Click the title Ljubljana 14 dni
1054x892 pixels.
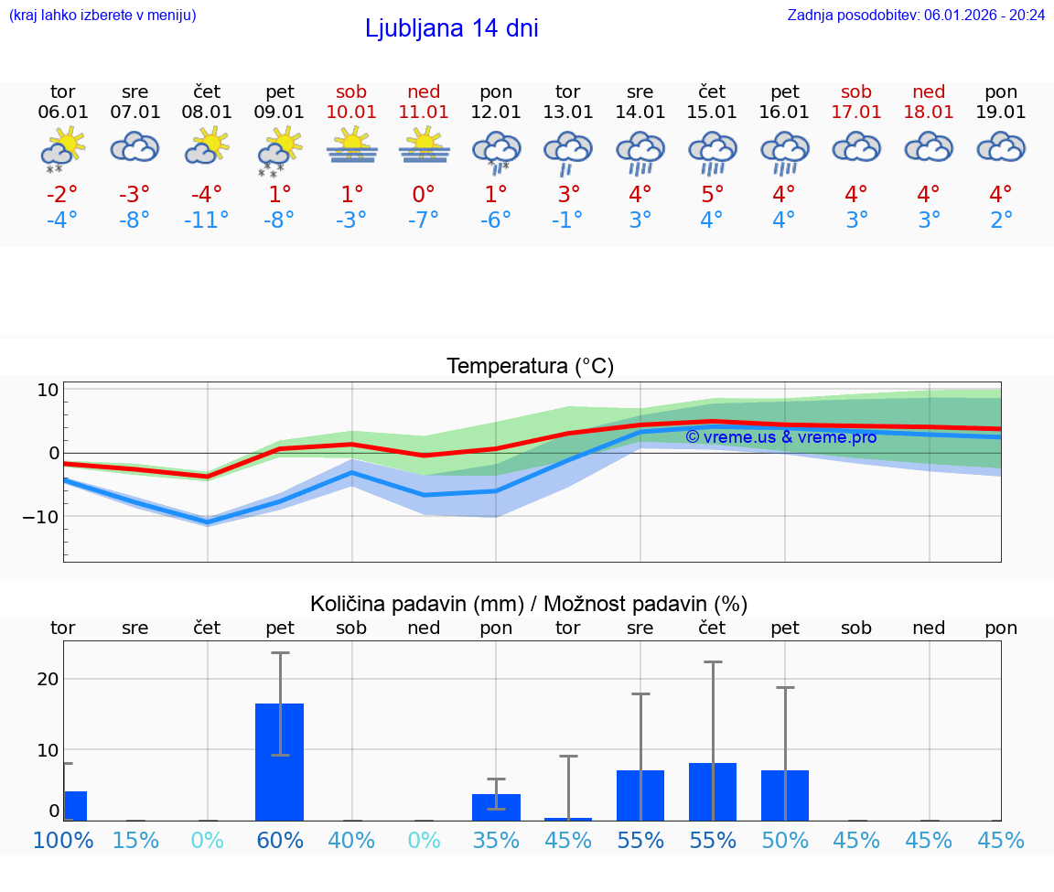pyautogui.click(x=451, y=28)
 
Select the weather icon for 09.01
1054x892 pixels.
pyautogui.click(x=279, y=149)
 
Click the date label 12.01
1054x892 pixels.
pyautogui.click(x=496, y=113)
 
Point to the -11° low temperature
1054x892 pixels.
pyautogui.click(x=206, y=220)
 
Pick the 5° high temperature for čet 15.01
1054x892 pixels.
pyautogui.click(x=712, y=195)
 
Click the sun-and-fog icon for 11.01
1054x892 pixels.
pyautogui.click(x=424, y=146)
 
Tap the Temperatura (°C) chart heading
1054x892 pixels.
pyautogui.click(x=530, y=367)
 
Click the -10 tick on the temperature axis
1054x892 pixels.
pyautogui.click(x=41, y=517)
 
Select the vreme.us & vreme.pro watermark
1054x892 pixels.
pyautogui.click(x=780, y=437)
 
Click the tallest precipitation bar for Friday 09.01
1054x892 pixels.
pyautogui.click(x=279, y=761)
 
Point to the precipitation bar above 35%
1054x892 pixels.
pyautogui.click(x=496, y=807)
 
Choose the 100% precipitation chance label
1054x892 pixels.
pyautogui.click(x=63, y=840)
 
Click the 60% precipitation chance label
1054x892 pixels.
pyautogui.click(x=279, y=840)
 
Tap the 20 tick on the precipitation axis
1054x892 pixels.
pyautogui.click(x=48, y=679)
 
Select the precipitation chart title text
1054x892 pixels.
pyautogui.click(x=529, y=604)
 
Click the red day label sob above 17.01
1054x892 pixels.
pyautogui.click(x=856, y=91)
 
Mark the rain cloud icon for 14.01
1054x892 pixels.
pyautogui.click(x=640, y=151)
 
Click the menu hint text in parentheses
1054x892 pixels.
pyautogui.click(x=102, y=15)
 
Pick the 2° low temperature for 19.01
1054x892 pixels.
pyautogui.click(x=1001, y=220)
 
